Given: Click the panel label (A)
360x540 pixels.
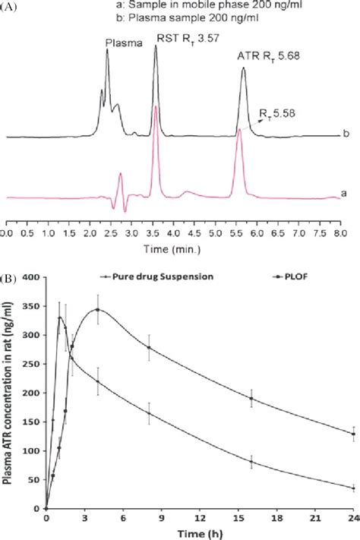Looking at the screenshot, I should pos(8,7).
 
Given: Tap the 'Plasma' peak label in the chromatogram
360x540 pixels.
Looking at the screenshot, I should pos(122,44).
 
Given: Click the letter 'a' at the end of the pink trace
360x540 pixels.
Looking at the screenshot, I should pos(344,193).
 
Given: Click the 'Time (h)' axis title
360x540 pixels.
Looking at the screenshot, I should pos(197,533).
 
